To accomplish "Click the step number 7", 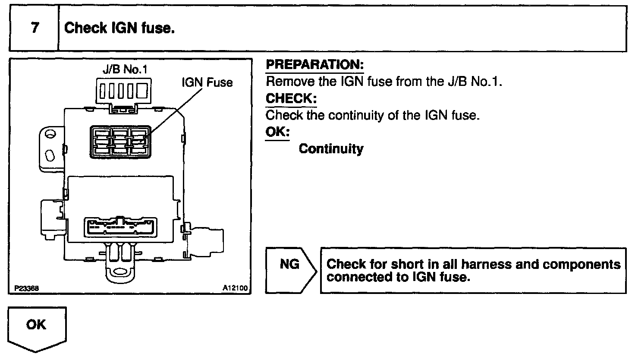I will coord(35,28).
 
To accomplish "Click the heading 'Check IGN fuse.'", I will coord(119,28).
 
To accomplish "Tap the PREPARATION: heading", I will coord(315,65).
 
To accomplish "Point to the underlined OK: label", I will coord(277,132).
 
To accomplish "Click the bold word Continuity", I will coord(331,149).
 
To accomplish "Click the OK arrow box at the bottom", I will coord(37,326).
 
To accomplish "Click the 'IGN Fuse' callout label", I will coord(207,82).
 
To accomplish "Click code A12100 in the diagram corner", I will coord(236,288).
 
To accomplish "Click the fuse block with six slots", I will coord(119,141).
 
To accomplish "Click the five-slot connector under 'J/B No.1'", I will coord(124,91).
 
